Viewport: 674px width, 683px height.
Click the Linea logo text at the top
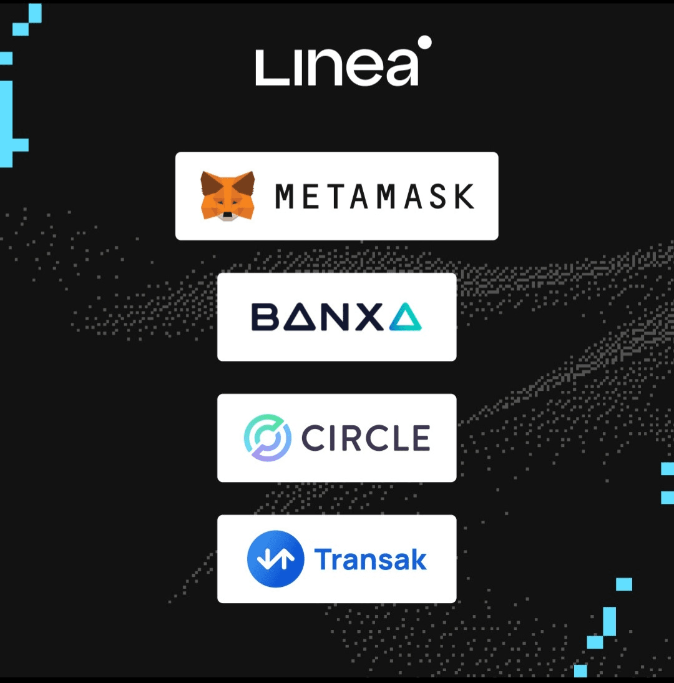pyautogui.click(x=337, y=67)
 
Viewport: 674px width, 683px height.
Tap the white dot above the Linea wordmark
pyautogui.click(x=424, y=42)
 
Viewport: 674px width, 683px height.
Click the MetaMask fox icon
pyautogui.click(x=228, y=195)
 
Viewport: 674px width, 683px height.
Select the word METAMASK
pyautogui.click(x=374, y=196)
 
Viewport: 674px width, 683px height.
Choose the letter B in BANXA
pyautogui.click(x=265, y=317)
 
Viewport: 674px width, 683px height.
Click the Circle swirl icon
pyautogui.click(x=267, y=438)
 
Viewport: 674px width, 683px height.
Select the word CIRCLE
pyautogui.click(x=366, y=438)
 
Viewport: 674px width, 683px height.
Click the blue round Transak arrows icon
pyautogui.click(x=275, y=559)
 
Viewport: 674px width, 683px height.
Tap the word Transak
pyautogui.click(x=371, y=559)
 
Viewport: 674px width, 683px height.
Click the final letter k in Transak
pyautogui.click(x=418, y=559)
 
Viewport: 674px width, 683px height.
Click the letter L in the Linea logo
pyautogui.click(x=268, y=68)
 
